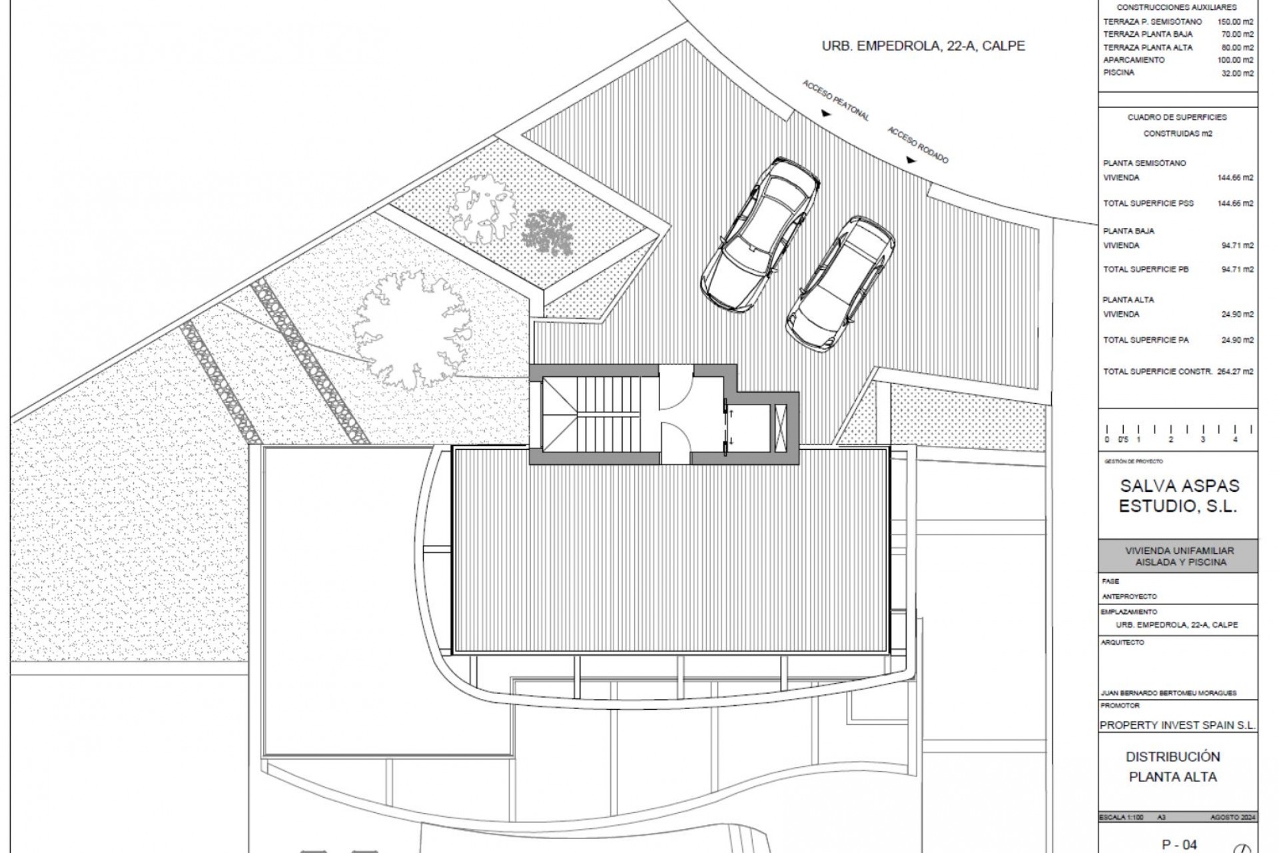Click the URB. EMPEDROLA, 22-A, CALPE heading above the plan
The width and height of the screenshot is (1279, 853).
point(923,46)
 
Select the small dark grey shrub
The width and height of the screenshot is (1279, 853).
point(548,233)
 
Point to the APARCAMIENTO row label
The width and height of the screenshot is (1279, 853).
point(1134,60)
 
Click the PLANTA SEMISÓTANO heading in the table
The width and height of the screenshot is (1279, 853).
point(1144,163)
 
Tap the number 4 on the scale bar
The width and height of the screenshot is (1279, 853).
point(1234,440)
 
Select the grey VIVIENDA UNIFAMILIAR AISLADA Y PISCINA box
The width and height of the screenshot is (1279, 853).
point(1178,556)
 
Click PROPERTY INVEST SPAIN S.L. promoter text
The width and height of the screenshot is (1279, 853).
point(1178,725)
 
